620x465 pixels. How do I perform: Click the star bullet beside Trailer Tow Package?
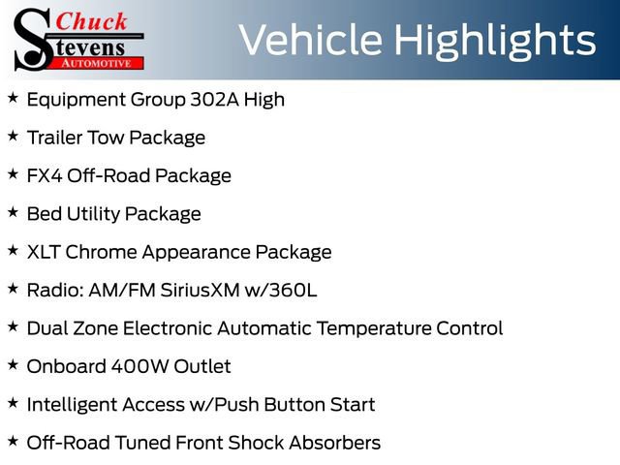coord(13,136)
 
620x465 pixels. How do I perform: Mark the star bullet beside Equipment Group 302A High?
coord(13,98)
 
